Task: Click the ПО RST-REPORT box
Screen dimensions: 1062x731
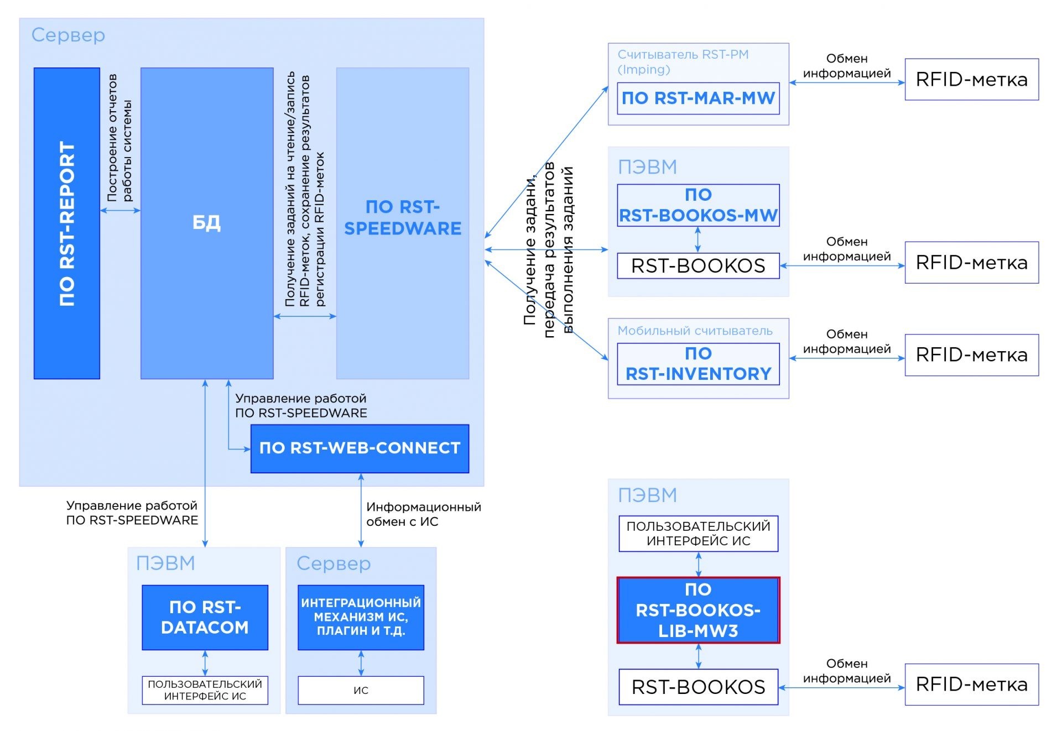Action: (67, 223)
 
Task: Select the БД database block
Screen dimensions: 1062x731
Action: (207, 223)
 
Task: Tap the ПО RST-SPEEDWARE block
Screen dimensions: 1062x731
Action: (403, 223)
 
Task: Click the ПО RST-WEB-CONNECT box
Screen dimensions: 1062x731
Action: (360, 448)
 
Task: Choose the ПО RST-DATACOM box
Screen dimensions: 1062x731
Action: (205, 617)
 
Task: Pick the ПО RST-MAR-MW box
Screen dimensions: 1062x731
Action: (698, 98)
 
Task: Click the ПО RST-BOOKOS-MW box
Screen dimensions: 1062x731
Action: (698, 205)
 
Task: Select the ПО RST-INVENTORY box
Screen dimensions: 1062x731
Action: (698, 364)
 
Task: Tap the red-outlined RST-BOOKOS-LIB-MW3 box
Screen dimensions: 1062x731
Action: (698, 610)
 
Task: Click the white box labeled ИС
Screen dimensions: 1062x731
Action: (361, 690)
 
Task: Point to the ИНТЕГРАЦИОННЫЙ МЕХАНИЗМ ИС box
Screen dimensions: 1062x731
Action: (361, 617)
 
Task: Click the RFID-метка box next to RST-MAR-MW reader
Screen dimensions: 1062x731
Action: (972, 79)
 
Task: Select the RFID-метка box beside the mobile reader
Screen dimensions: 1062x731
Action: (972, 355)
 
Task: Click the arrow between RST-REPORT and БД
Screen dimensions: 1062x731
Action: (120, 210)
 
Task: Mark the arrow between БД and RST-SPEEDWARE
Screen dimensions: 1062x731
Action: (305, 316)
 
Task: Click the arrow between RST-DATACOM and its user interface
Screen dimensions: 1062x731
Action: (205, 663)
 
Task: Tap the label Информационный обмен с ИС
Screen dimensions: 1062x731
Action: (423, 514)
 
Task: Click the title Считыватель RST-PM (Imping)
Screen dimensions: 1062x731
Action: (683, 62)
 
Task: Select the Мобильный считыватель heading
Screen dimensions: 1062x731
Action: (695, 331)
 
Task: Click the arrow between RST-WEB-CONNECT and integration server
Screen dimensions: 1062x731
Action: (361, 510)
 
